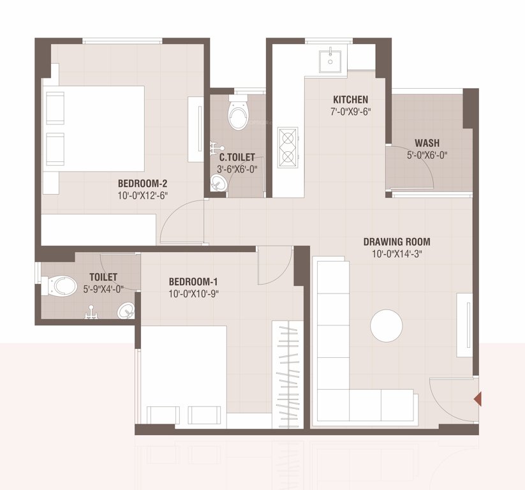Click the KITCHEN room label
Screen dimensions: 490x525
[350, 100]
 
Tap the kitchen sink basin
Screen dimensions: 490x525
[330, 59]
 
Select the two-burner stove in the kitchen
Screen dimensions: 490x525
[288, 147]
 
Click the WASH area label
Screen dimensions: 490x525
[427, 143]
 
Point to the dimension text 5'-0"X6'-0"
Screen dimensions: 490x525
[427, 154]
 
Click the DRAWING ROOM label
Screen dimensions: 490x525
[396, 242]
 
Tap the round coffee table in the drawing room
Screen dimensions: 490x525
[387, 325]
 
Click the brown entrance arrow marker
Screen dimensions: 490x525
[477, 399]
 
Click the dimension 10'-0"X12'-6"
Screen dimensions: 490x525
[142, 195]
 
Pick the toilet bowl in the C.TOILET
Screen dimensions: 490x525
[238, 115]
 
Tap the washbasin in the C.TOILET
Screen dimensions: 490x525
[218, 184]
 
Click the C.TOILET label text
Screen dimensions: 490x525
[237, 157]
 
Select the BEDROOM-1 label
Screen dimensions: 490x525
[193, 281]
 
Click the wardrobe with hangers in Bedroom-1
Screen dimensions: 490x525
[288, 373]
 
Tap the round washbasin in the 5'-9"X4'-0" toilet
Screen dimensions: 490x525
[126, 311]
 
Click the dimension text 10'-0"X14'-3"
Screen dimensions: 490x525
[396, 253]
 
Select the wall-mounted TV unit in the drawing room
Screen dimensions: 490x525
[464, 325]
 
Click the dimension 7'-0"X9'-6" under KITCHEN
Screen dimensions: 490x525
[350, 111]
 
